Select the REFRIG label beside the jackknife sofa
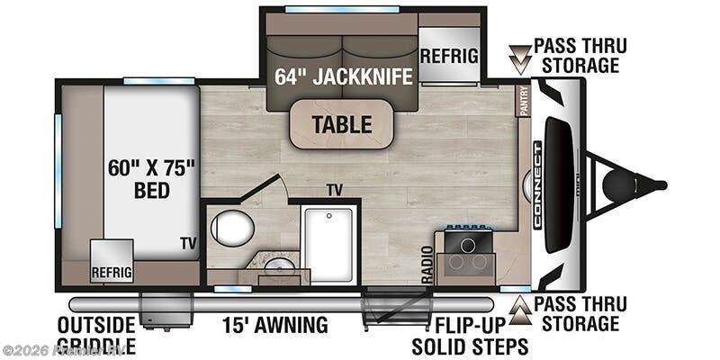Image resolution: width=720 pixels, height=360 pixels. pyautogui.click(x=448, y=55)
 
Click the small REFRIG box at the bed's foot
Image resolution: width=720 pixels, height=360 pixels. pyautogui.click(x=111, y=271)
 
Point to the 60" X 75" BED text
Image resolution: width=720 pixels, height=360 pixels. pyautogui.click(x=151, y=177)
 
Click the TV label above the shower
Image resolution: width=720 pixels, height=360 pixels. pyautogui.click(x=335, y=190)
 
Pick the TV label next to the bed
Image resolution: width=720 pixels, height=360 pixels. pyautogui.click(x=188, y=244)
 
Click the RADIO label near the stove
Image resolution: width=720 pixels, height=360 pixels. pyautogui.click(x=427, y=261)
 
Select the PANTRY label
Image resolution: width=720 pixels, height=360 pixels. pyautogui.click(x=524, y=101)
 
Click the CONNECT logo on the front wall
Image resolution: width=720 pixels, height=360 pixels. pyautogui.click(x=537, y=184)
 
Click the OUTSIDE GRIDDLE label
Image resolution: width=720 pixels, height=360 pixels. pyautogui.click(x=96, y=335)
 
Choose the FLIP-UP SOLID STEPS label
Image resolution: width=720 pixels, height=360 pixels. pyautogui.click(x=470, y=335)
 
